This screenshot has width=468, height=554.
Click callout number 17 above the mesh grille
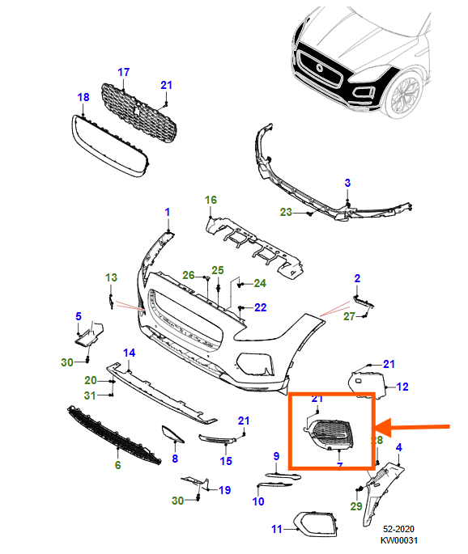pos(124,72)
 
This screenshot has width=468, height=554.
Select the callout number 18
pos(83,98)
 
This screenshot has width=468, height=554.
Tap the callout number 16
pos(211,200)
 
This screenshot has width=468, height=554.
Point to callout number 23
pos(286,213)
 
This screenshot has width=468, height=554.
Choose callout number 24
pos(259,283)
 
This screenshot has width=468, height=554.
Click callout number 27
pos(349,316)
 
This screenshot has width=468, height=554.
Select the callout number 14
pos(128,353)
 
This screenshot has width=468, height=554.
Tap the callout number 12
pos(402,387)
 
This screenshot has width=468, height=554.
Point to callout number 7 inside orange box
pos(340,466)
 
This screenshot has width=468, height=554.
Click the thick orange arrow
pos(417,425)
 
